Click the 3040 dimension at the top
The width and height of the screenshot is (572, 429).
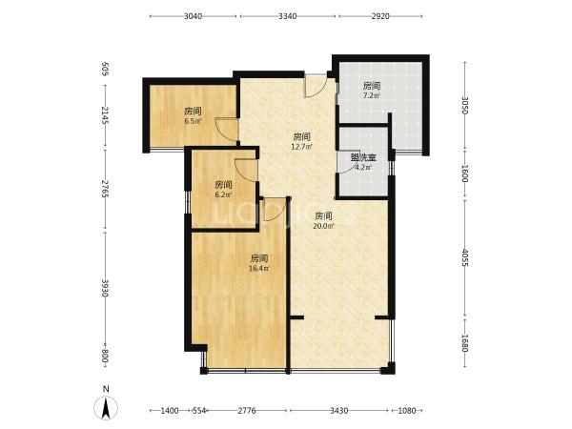tap(193, 16)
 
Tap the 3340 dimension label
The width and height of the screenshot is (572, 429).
tap(288, 16)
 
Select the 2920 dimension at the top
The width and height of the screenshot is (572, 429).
tap(380, 16)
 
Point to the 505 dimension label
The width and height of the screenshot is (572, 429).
tap(106, 69)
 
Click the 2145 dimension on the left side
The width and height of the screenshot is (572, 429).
tap(106, 115)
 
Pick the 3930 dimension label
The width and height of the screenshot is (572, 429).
tap(106, 288)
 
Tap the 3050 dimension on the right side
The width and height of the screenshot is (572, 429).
tap(465, 106)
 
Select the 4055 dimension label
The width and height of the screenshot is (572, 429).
tap(465, 257)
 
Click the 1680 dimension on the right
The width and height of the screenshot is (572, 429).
tap(465, 343)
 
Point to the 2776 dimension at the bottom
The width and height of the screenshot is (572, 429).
tap(247, 411)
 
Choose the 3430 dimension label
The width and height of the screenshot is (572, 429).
tap(338, 411)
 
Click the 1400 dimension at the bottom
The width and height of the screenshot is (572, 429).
tap(170, 411)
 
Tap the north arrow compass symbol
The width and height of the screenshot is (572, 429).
tap(106, 407)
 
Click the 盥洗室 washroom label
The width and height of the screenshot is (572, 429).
tap(363, 158)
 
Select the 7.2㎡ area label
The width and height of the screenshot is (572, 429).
tap(372, 96)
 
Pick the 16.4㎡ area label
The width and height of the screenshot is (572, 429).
tap(259, 269)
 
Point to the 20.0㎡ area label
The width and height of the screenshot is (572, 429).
tap(323, 226)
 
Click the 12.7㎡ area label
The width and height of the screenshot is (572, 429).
tap(301, 147)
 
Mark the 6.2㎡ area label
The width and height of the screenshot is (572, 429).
tap(223, 194)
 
